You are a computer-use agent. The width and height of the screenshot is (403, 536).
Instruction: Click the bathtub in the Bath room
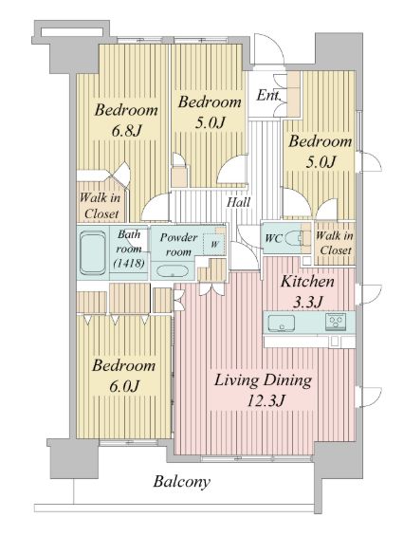pos(93,252)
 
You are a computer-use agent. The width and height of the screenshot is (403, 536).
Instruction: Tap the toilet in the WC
pos(294,238)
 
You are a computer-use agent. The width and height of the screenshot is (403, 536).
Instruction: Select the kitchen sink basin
pos(282,323)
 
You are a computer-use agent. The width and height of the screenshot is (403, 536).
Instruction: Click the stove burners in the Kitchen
pos(336,322)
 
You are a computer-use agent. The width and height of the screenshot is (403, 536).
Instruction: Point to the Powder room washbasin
pos(173,270)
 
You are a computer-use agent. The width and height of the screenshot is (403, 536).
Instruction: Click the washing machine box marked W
pos(214,244)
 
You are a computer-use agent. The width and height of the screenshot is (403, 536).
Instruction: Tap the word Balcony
pos(181,481)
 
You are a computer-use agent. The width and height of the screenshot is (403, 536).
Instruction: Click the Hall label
pos(239,202)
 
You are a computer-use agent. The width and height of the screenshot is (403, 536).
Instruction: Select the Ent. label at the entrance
pos(268,96)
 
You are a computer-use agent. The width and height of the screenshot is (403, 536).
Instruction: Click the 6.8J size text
pos(126,130)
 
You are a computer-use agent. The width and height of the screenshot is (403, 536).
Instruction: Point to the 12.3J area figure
pos(266,400)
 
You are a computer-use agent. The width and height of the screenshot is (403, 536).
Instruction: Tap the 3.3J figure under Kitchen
pos(308,302)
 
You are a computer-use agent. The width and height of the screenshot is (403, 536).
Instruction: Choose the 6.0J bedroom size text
pos(124,386)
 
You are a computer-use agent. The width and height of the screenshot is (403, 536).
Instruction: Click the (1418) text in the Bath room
pos(129,263)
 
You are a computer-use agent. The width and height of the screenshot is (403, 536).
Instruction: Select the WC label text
pos(274,238)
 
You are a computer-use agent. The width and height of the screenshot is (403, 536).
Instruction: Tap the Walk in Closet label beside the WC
pos(335,243)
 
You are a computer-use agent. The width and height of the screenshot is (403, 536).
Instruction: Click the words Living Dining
pos(263,380)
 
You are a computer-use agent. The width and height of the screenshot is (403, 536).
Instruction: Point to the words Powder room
pos(178,245)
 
